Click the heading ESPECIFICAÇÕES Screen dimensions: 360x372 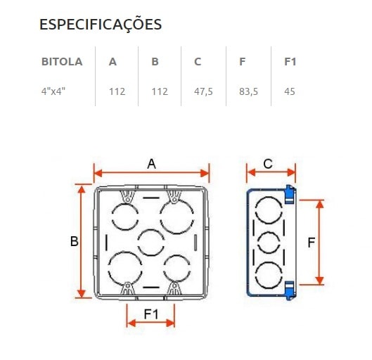pos(101,25)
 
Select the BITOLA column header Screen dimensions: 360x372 pos(62,61)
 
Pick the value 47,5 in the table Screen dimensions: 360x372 pos(203,91)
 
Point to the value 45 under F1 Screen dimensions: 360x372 pos(289,91)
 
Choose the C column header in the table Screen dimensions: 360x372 pos(198,61)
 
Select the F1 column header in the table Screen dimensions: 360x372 pos(290,61)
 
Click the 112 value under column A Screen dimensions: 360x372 pos(117,91)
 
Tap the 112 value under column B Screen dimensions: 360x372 pos(159,91)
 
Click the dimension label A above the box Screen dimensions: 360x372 pos(151,164)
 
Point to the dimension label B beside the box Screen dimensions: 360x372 pos(74,241)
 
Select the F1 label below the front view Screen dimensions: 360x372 pos(150,313)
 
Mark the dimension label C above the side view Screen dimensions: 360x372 pos(268,164)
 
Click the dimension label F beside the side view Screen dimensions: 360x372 pos(311,243)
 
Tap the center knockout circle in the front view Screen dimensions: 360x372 pos(151,243)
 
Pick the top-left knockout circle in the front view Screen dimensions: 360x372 pos(123,215)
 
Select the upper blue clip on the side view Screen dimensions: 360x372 pos(289,193)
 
